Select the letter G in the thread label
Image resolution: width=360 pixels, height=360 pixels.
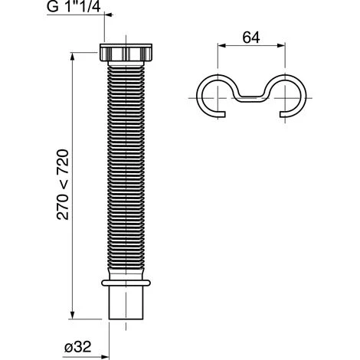pyautogui.click(x=52, y=9)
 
